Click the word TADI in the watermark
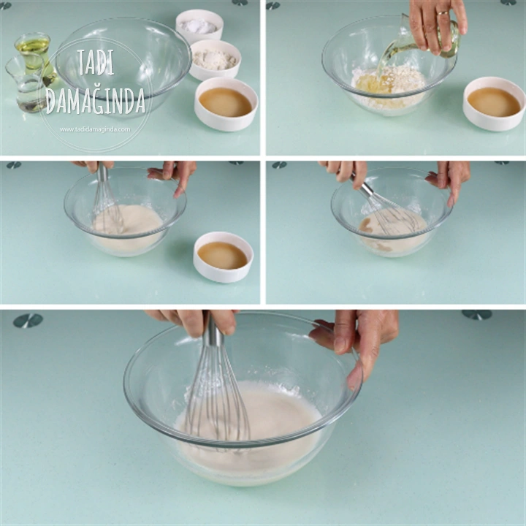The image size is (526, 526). click(96, 62)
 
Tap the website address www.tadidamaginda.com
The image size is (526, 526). click(95, 129)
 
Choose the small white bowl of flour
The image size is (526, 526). click(215, 60)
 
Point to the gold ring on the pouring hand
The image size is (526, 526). click(443, 13)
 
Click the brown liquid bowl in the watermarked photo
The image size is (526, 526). click(226, 104)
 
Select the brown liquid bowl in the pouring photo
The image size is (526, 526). click(494, 103)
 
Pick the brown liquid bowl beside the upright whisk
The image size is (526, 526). click(223, 257)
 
